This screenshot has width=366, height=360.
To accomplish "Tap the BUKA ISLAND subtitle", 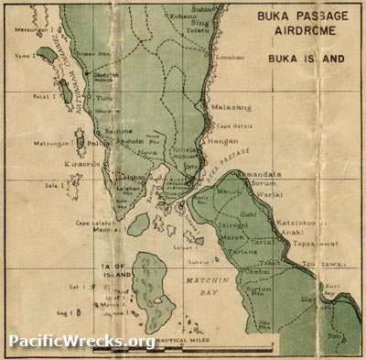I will (306, 58).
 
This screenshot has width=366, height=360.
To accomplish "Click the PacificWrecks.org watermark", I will (81, 342).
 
